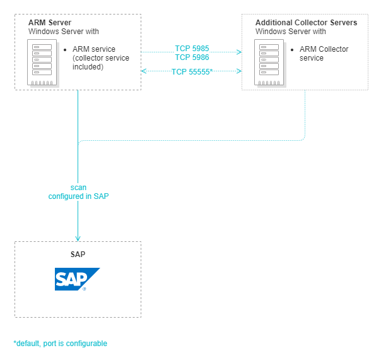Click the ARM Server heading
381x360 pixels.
point(50,23)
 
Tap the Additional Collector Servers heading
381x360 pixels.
point(306,23)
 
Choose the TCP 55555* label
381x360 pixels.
point(192,72)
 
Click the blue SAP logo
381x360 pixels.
point(77,279)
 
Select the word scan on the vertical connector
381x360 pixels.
point(78,188)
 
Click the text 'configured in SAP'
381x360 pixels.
point(78,196)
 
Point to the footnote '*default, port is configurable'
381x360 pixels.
point(61,344)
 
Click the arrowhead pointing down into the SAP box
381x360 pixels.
point(78,238)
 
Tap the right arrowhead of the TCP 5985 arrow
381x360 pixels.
point(240,52)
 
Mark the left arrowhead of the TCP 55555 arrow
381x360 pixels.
point(144,71)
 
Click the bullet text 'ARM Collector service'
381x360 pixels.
point(324,54)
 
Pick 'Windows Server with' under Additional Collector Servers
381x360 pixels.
point(290,31)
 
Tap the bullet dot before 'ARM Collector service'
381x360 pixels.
point(292,49)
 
